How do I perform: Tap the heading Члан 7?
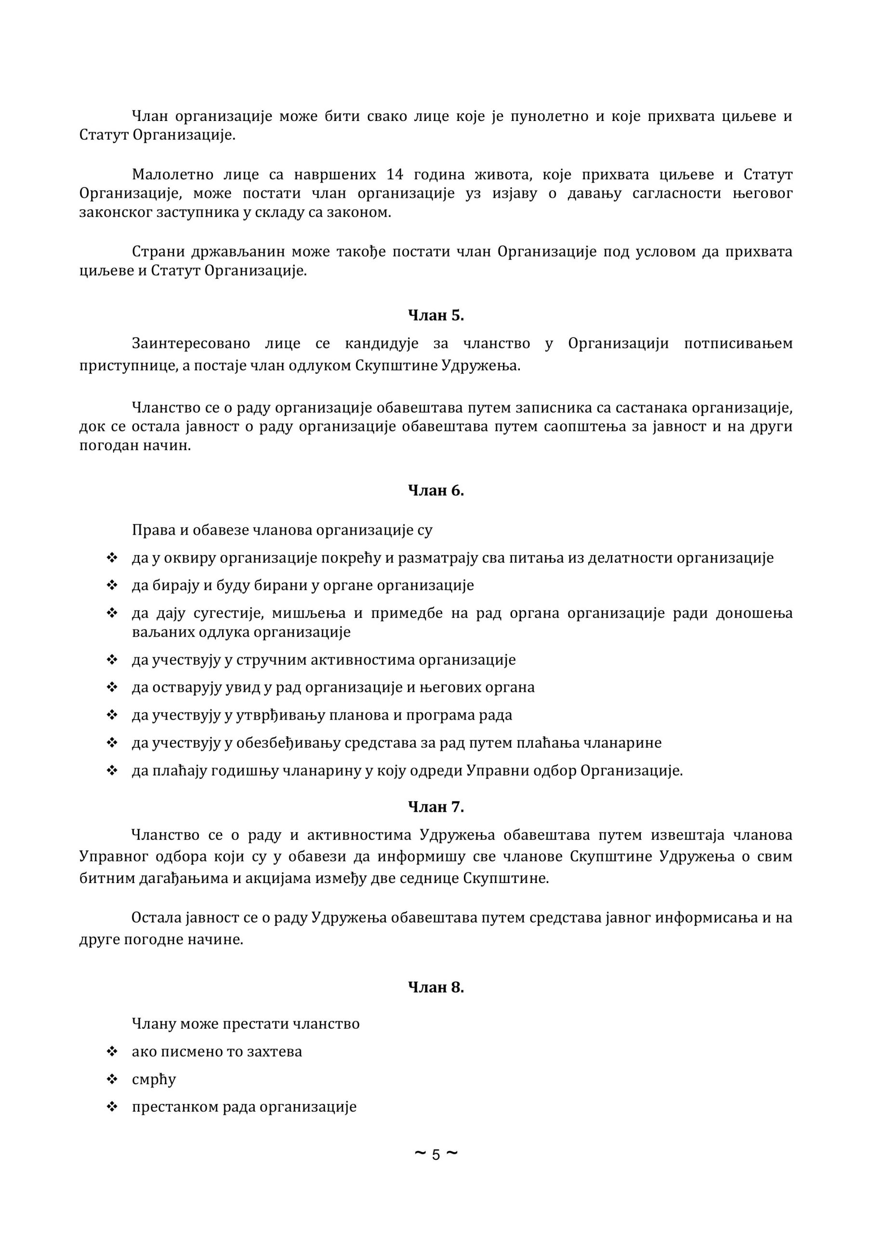[x=436, y=807]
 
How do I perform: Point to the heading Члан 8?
[x=436, y=987]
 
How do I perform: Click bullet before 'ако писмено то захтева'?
[x=112, y=1051]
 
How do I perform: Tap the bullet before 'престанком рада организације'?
[x=112, y=1107]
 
